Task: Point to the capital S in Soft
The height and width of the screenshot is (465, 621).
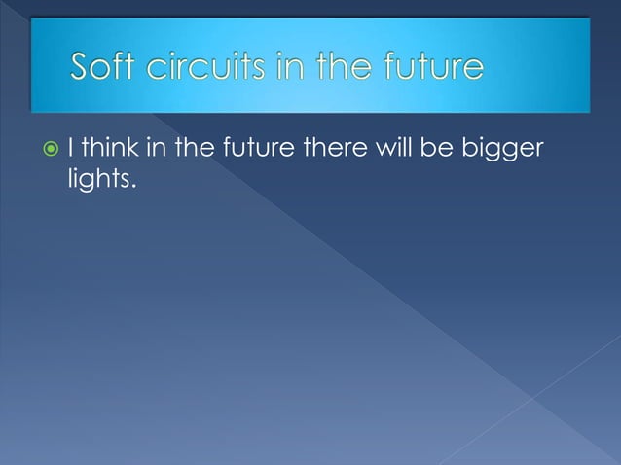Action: (x=82, y=67)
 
